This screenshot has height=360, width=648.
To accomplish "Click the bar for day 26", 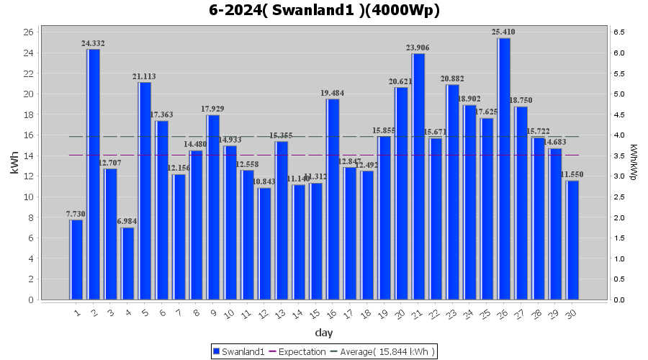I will [504, 168].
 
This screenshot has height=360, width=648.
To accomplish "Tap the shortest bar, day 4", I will [127, 264].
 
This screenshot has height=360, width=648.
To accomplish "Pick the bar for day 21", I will [418, 176].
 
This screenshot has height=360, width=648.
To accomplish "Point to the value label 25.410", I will [504, 32].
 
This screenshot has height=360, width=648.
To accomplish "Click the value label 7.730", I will [76, 214].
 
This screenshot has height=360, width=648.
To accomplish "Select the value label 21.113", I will [144, 76].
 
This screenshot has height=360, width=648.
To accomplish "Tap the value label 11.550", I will [572, 175].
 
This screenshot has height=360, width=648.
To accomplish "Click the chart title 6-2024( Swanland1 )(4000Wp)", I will [324, 10].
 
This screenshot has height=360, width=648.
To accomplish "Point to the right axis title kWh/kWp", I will [633, 163].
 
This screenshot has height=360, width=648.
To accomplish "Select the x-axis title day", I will [324, 332].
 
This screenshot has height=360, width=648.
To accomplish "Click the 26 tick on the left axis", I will [28, 32].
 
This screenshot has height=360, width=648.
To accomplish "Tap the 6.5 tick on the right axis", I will [619, 32].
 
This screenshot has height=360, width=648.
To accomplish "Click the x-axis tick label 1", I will [77, 312].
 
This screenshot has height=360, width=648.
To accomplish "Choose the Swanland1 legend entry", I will [238, 351].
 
